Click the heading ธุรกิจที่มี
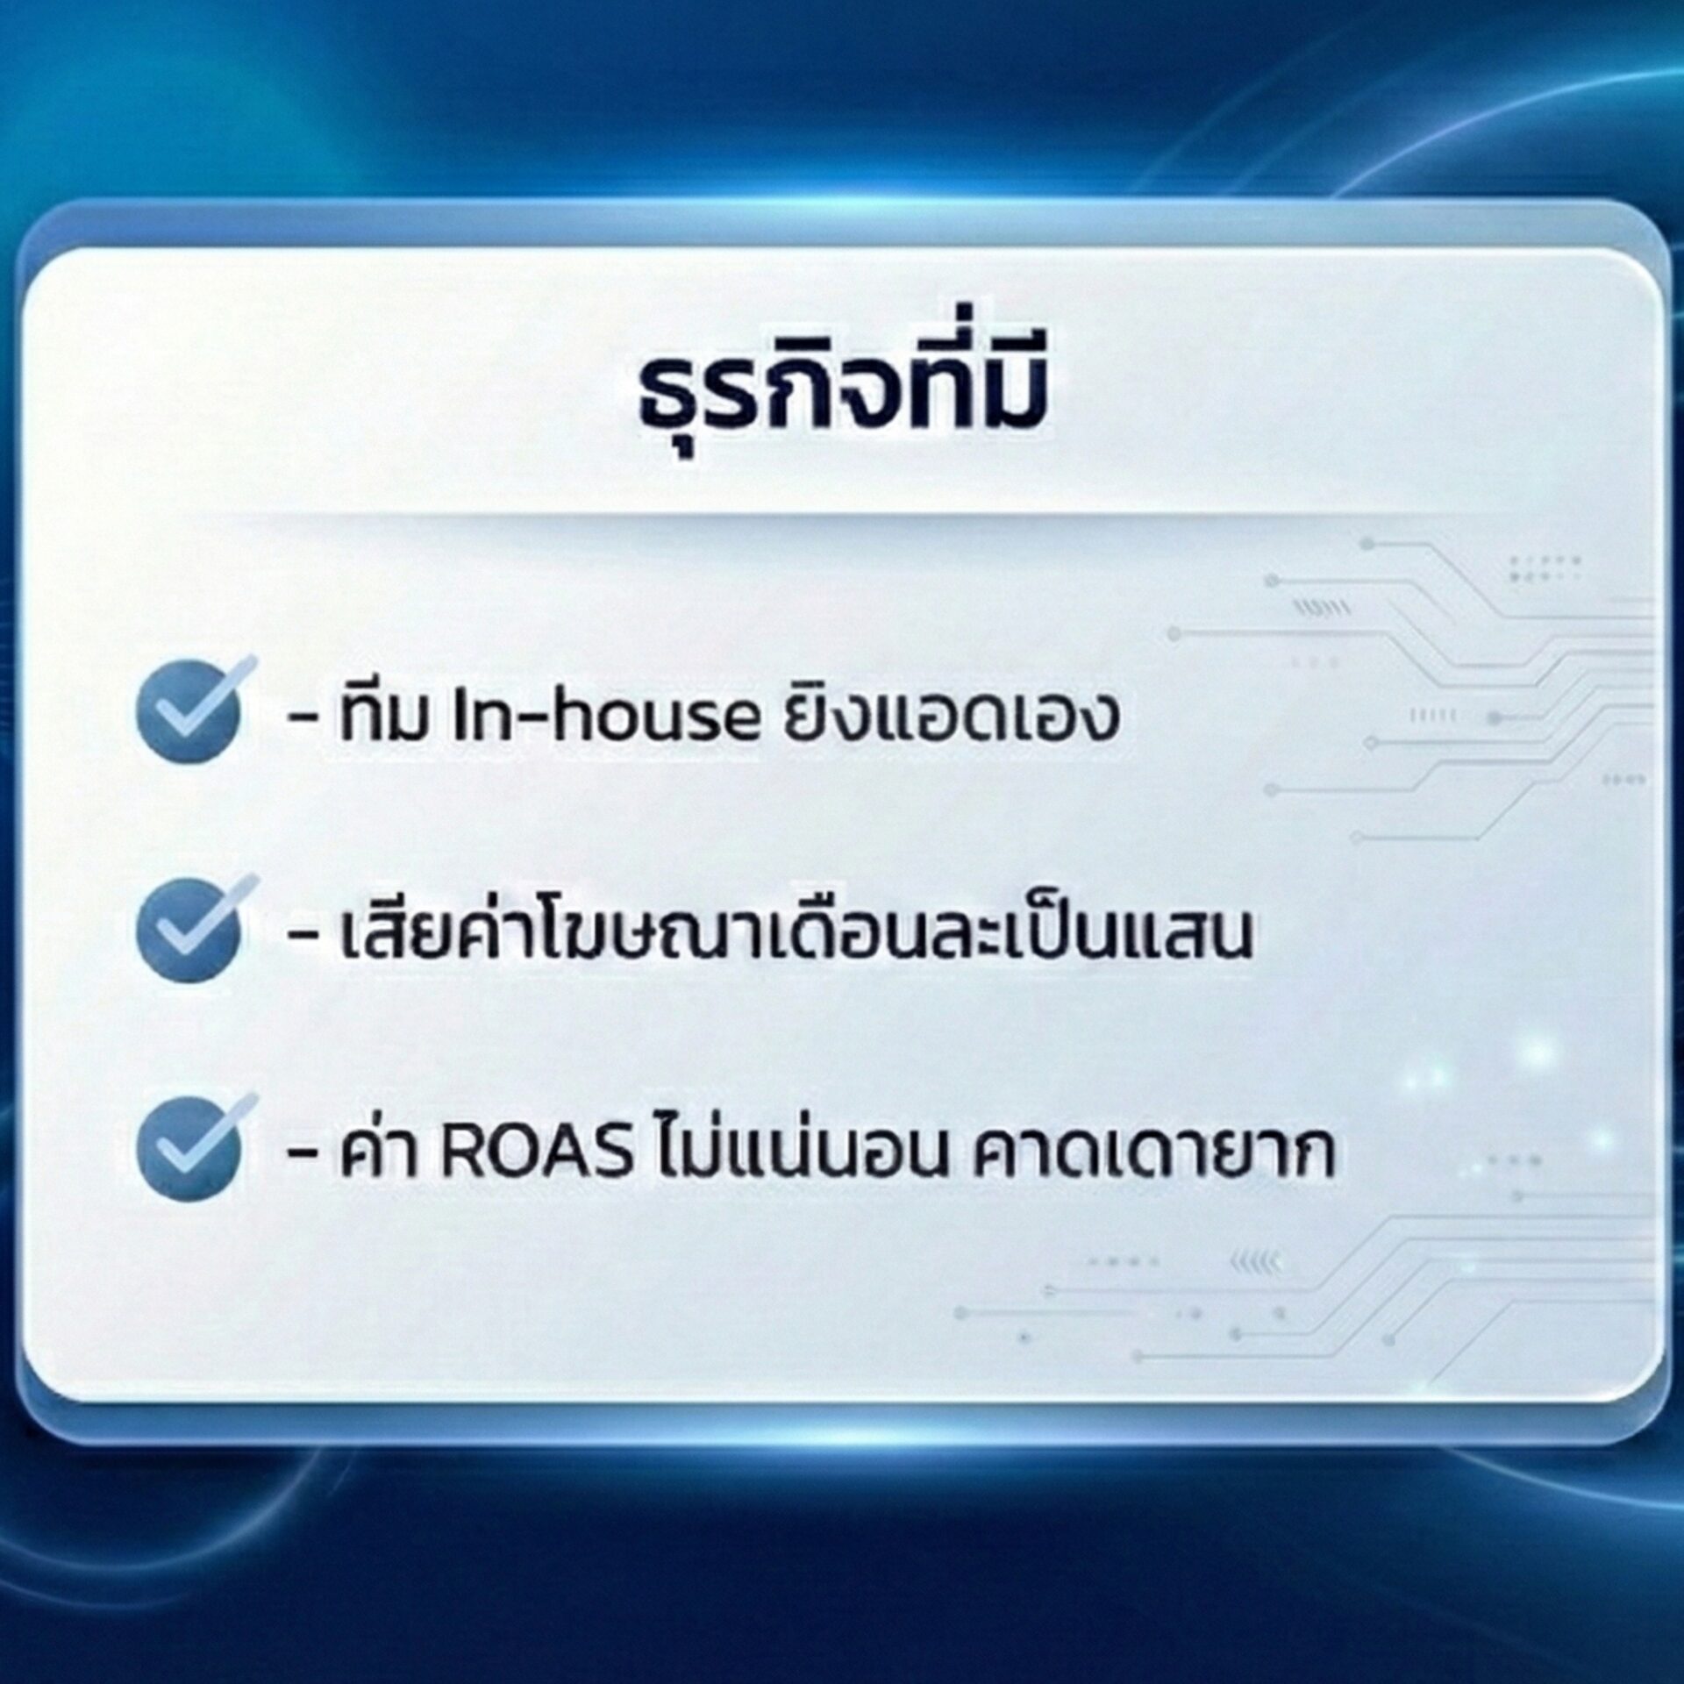(841, 399)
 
